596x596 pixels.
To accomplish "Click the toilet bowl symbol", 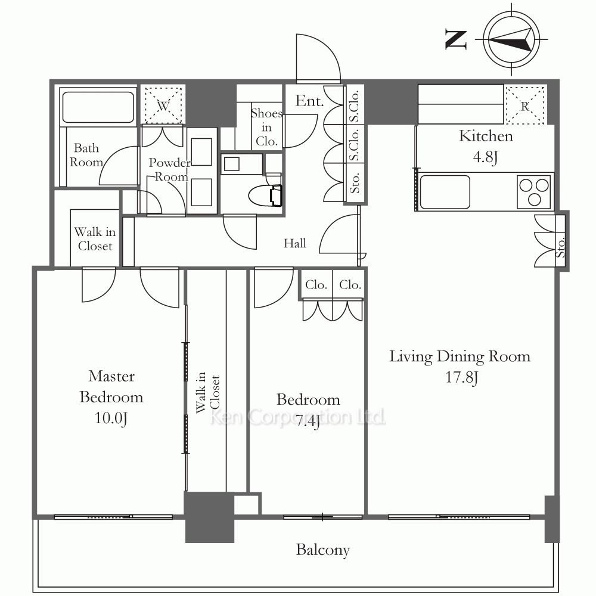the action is point(265,195).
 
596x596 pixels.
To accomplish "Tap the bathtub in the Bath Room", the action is point(98,107).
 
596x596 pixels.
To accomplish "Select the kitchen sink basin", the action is point(445,192).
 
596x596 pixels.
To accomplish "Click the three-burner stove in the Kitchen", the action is point(534,192).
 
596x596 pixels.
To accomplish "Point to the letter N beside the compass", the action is point(456,40).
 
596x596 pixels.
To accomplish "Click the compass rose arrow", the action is point(510,39).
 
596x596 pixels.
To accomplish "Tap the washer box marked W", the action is point(163,105).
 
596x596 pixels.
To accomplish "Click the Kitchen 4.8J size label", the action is point(485,156).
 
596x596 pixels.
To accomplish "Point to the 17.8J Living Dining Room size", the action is point(461,377).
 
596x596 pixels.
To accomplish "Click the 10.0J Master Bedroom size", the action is point(111,418).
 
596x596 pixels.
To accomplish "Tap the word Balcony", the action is point(322,550).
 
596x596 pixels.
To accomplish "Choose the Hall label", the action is point(294,243).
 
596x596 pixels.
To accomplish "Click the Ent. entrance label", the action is point(309,101).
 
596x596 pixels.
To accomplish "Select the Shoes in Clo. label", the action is point(266,128).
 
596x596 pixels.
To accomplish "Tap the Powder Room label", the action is point(170,169).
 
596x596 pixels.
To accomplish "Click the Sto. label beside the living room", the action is point(560,248).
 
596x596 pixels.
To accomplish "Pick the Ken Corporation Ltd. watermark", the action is point(297,417).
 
